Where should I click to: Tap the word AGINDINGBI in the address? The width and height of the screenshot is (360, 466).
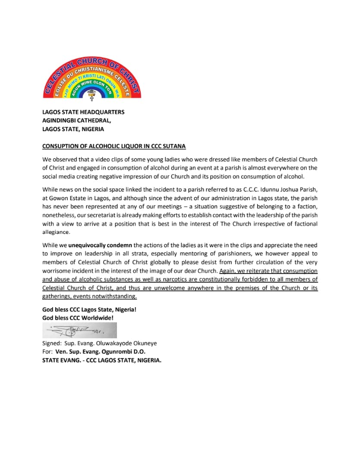[59, 120]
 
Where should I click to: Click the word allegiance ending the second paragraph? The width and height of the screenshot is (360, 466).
[56, 232]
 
